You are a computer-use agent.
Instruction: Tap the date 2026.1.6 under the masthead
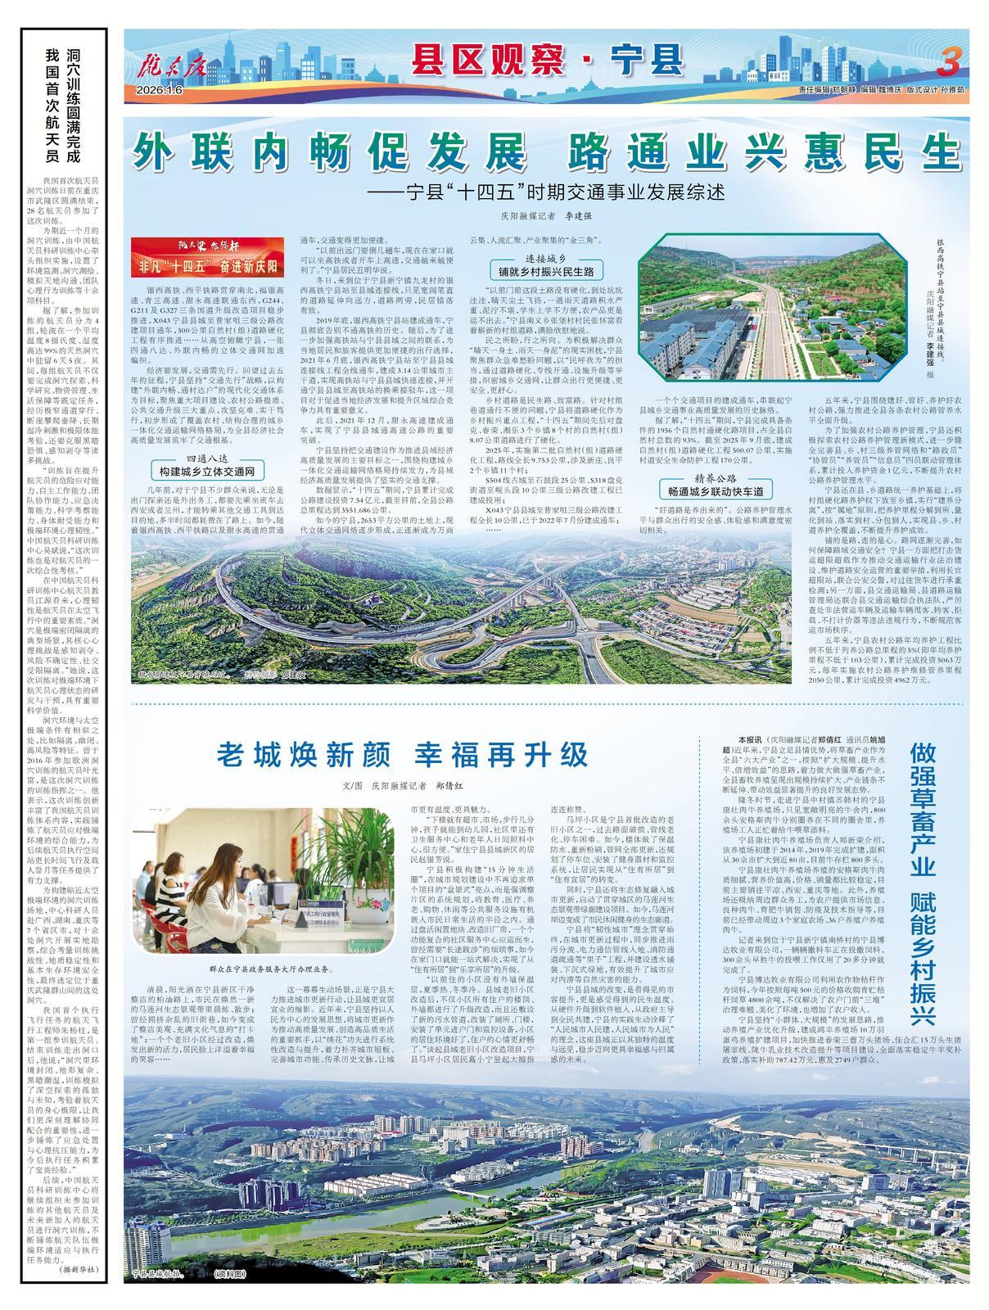160,89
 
